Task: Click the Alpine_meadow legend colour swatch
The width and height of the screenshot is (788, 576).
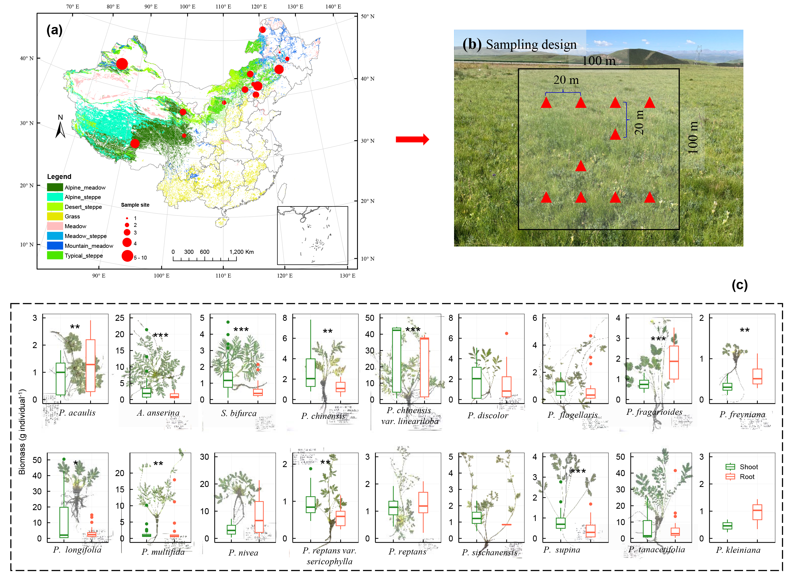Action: [x=55, y=187]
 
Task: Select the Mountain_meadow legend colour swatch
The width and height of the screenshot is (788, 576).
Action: [x=55, y=245]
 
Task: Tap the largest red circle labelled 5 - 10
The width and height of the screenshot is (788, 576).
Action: [x=127, y=256]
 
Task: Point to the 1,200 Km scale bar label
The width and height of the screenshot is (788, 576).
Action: [x=241, y=252]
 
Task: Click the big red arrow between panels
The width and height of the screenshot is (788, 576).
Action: [x=412, y=139]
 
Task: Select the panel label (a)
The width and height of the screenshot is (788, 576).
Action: [x=54, y=30]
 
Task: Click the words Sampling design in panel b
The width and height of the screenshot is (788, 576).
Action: [x=531, y=45]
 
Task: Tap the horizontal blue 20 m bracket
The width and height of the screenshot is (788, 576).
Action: [x=563, y=93]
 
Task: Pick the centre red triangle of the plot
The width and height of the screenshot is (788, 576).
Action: [x=580, y=166]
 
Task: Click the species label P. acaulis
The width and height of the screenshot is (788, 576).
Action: [x=77, y=413]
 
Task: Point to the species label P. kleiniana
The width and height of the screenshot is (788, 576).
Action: [x=743, y=550]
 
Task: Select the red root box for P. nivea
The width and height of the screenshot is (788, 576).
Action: [x=259, y=517]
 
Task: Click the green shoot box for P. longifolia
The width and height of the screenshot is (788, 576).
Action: [x=64, y=522]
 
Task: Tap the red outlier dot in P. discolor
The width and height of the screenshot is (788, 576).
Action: [x=506, y=333]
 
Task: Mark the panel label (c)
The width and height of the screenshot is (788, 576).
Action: [x=739, y=285]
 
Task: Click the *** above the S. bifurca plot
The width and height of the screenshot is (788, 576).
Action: [x=241, y=329]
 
